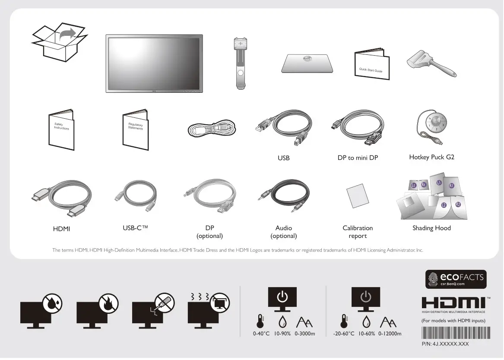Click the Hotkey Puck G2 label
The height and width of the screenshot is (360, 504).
[431, 157]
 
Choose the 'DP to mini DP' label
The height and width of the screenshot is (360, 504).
[358, 158]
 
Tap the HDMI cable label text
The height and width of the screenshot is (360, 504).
[61, 229]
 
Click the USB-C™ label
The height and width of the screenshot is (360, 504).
[136, 228]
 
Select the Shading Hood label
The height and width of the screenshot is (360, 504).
[431, 228]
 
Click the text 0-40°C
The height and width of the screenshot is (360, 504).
[261, 334]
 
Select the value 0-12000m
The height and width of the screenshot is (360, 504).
[390, 334]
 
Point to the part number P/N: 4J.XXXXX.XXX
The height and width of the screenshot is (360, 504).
[445, 344]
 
